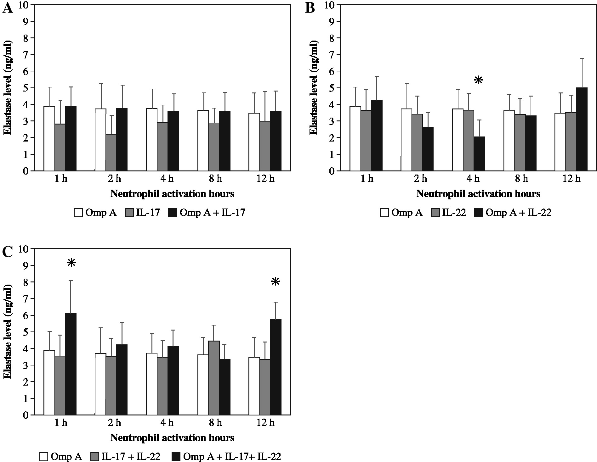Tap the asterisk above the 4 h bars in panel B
pos(478,81)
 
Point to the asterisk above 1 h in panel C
pos(71,263)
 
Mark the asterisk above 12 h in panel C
pos(275,282)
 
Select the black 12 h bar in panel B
pos(582,129)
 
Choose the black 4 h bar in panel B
pos(479,154)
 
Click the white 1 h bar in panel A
pos(49,138)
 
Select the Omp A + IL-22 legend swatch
pos(479,213)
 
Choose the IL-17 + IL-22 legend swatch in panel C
pos(95,457)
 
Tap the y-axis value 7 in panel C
pos(25,299)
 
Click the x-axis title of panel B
pos(478,194)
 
